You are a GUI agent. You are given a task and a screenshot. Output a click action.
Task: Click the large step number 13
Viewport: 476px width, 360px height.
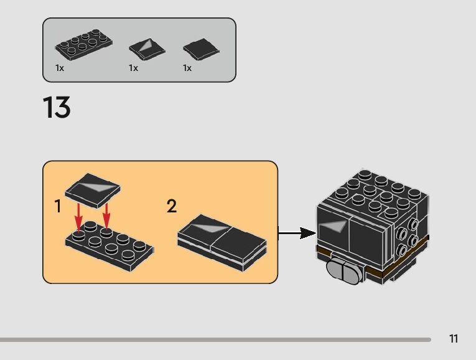click(57, 108)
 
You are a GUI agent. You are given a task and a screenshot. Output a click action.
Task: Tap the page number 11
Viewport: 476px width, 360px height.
click(454, 339)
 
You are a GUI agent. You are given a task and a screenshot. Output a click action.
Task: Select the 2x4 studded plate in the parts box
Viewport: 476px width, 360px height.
click(83, 45)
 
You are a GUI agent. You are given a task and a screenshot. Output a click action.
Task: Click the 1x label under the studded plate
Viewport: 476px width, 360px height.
click(60, 68)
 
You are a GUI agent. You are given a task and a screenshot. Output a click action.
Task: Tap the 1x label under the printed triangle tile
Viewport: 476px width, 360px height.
click(133, 68)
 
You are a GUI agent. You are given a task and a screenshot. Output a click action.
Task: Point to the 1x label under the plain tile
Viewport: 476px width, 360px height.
click(187, 68)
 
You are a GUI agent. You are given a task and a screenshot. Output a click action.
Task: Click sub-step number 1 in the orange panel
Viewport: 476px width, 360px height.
click(58, 206)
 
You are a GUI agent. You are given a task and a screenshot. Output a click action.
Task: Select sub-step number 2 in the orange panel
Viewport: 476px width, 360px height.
click(172, 206)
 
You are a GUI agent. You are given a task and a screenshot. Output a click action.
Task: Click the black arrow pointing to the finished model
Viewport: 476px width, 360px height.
click(297, 234)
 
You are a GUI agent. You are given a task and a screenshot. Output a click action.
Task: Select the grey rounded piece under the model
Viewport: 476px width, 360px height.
click(343, 272)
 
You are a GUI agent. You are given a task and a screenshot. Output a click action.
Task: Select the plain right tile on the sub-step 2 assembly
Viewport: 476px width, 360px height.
click(240, 236)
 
